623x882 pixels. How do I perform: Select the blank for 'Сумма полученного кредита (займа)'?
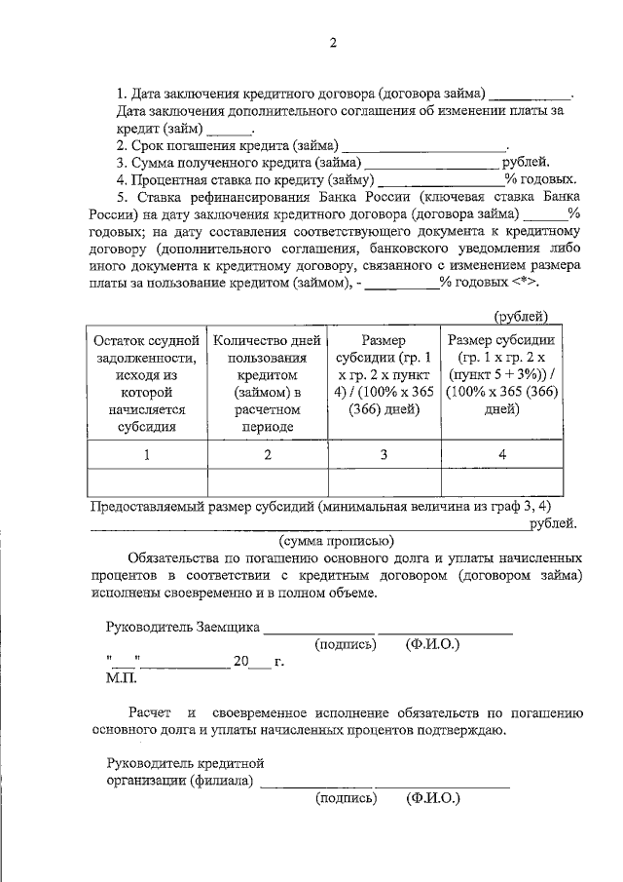tap(431, 163)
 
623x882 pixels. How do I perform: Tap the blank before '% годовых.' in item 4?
tap(439, 180)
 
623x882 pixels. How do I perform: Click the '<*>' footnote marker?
tap(523, 282)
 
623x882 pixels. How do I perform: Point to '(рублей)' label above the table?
tap(520, 317)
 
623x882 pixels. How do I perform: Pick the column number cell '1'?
tap(147, 454)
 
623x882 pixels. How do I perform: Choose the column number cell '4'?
tap(502, 454)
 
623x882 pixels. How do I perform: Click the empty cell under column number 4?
tap(502, 483)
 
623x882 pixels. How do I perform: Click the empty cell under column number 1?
tap(147, 483)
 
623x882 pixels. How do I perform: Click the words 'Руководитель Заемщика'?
tap(182, 627)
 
